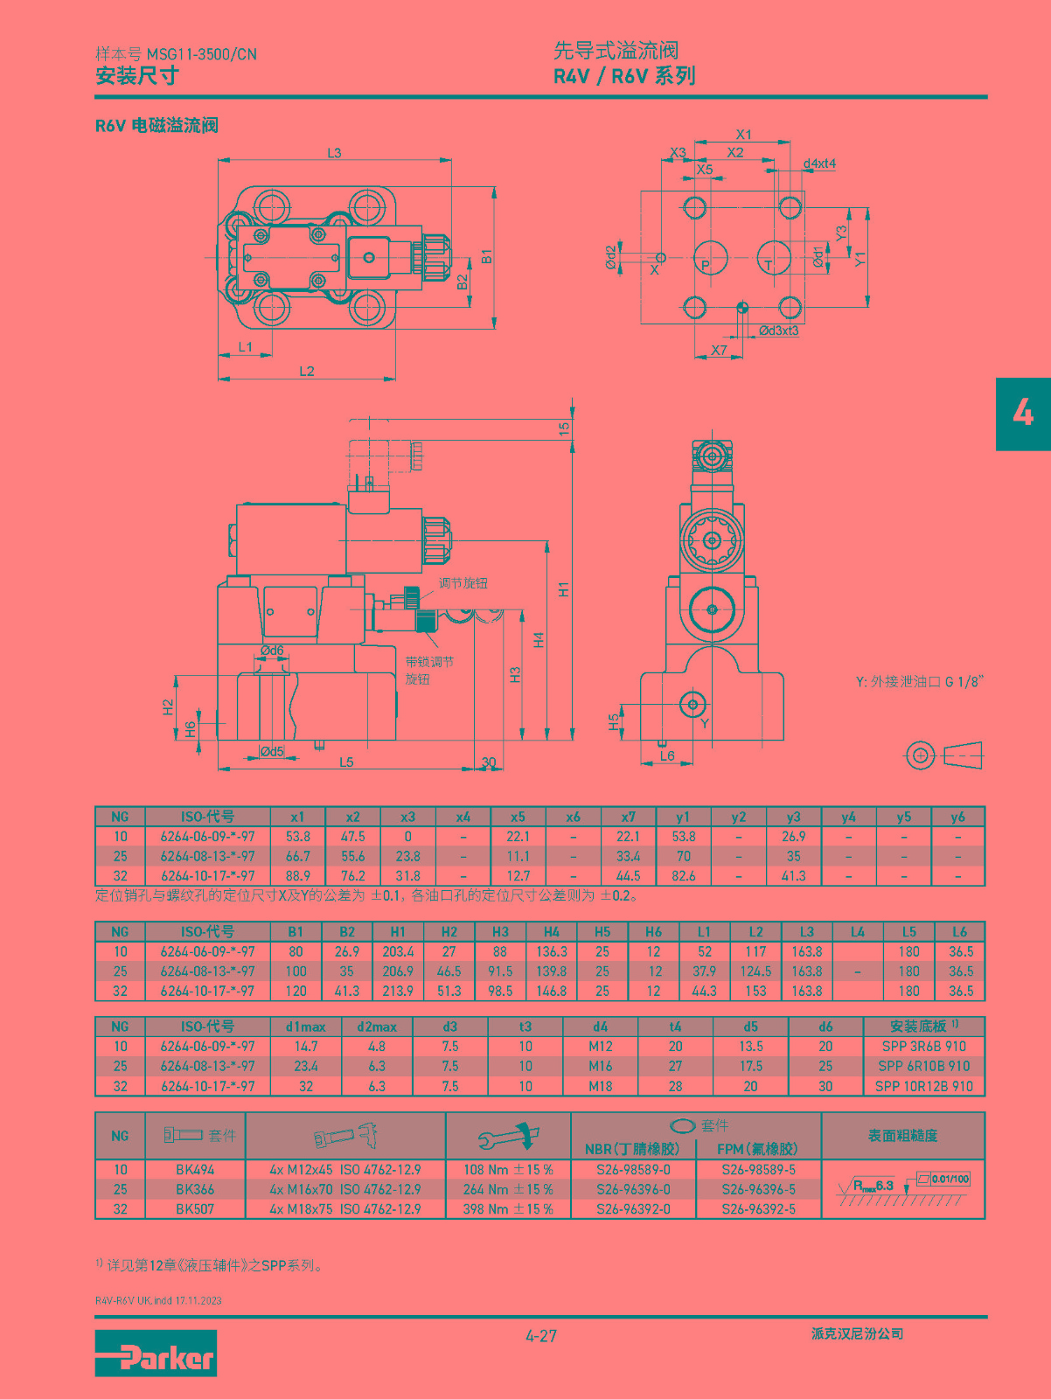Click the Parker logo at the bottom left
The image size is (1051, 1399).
[x=156, y=1354]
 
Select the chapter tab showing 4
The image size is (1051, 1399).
[x=1023, y=414]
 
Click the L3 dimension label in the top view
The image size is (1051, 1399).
[x=335, y=153]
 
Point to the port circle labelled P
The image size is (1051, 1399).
[x=710, y=258]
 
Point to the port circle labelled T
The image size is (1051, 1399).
[x=774, y=258]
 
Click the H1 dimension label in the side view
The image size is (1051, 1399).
[x=563, y=589]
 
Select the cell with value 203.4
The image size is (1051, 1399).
[x=398, y=951]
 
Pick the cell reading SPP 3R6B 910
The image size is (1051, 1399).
[x=923, y=1046]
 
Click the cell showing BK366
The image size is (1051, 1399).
[x=195, y=1189]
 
